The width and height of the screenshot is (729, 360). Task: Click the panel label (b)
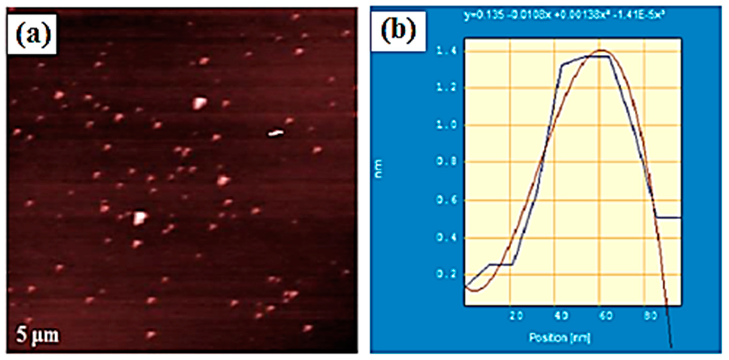398,31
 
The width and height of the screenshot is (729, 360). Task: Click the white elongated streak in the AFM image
275,133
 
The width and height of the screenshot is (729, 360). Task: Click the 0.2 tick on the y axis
444,274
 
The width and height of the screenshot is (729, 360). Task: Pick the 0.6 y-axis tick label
444,200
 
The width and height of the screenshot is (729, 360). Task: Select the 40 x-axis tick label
561,316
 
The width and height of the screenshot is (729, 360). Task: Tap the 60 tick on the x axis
606,316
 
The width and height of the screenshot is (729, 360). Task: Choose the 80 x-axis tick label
650,316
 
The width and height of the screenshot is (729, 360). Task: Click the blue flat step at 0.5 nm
669,218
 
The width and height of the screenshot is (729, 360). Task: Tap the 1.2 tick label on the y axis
444,88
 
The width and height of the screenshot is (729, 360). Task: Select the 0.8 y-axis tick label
444,163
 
